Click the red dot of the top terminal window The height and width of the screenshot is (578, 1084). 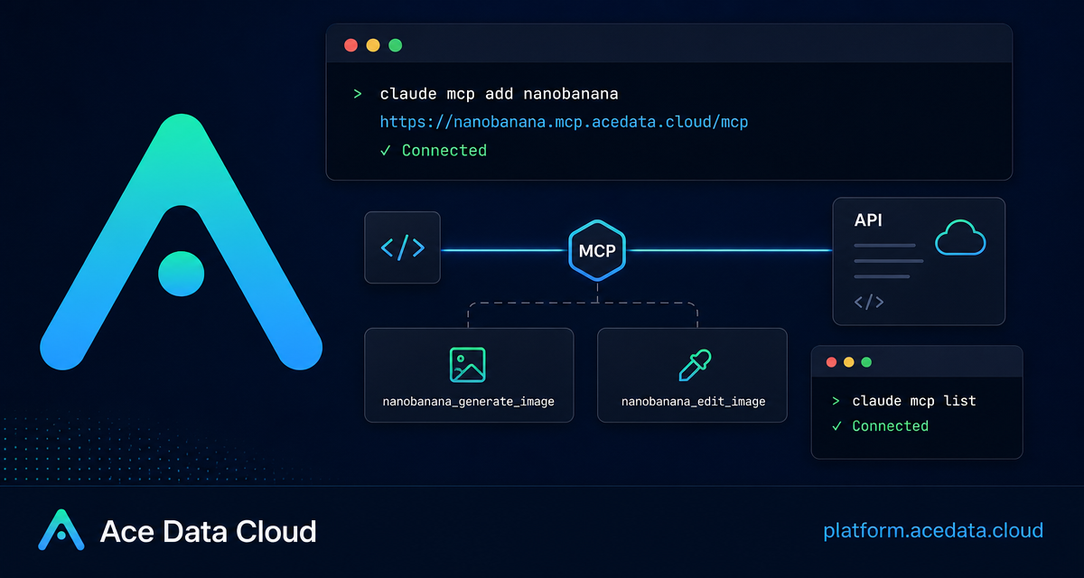[x=350, y=45]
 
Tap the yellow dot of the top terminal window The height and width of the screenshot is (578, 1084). [x=373, y=45]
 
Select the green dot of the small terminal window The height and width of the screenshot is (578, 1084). [x=866, y=362]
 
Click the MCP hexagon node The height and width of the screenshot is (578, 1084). [x=597, y=250]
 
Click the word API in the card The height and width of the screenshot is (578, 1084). [x=868, y=220]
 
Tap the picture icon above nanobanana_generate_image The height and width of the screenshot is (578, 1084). [x=468, y=365]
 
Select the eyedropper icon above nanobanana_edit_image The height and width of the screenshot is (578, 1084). [x=695, y=365]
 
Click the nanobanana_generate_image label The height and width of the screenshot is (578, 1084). [x=469, y=402]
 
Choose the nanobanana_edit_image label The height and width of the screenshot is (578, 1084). [x=694, y=402]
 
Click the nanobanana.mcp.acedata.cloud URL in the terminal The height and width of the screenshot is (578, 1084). [x=564, y=122]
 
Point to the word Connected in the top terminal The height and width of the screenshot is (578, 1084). [x=444, y=151]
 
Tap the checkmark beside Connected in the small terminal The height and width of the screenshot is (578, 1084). [x=836, y=426]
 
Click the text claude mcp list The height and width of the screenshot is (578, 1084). [x=914, y=401]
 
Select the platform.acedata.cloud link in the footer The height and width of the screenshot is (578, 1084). [x=933, y=531]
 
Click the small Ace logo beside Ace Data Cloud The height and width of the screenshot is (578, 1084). [x=61, y=529]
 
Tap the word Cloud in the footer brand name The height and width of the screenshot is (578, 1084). [x=276, y=532]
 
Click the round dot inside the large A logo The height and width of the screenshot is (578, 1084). [x=182, y=274]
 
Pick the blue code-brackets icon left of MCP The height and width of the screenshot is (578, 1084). [x=403, y=247]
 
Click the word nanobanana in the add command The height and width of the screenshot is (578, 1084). [x=571, y=94]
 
